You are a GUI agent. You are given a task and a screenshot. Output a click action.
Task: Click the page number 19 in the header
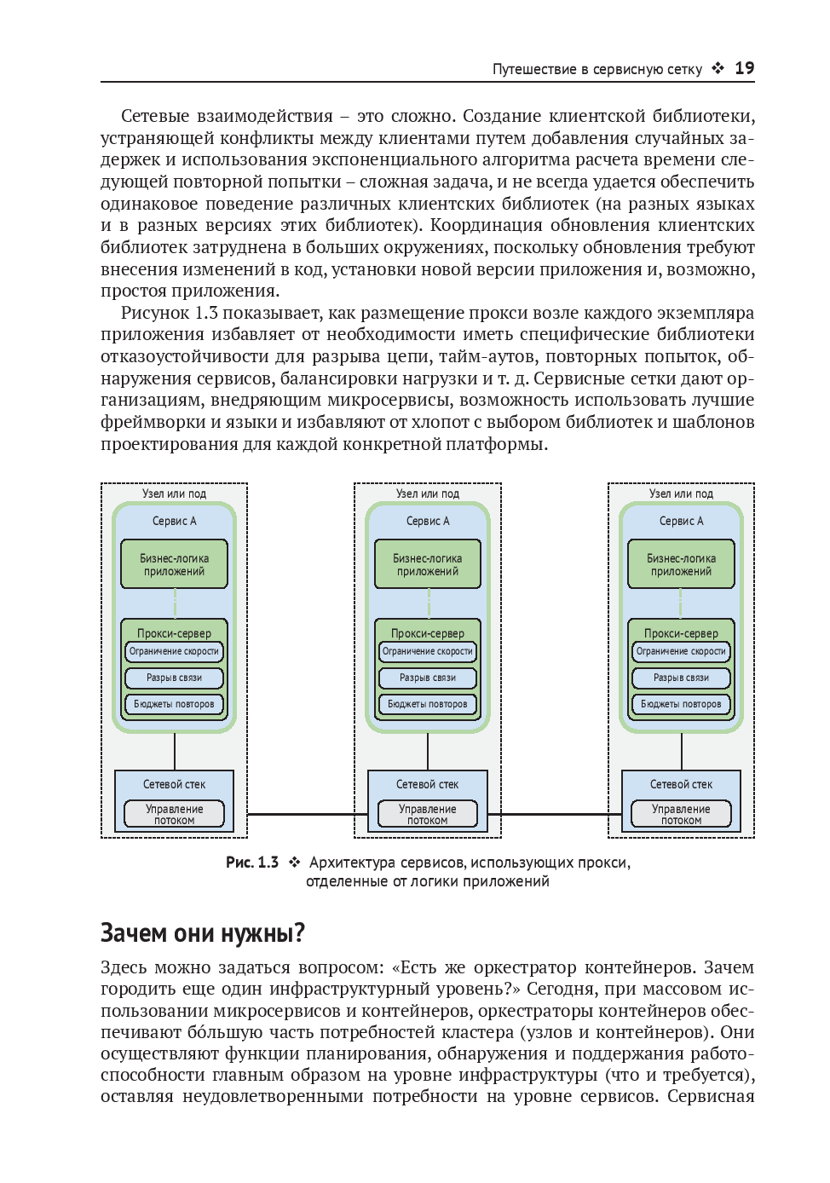(x=744, y=68)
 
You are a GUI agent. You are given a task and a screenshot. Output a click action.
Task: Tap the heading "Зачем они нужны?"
(x=203, y=933)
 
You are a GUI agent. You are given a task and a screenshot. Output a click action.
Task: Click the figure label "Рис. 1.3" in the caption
(x=251, y=863)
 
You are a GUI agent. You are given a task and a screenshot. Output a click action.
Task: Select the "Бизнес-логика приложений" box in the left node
(x=174, y=564)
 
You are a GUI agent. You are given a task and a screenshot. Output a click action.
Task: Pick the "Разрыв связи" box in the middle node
(x=428, y=678)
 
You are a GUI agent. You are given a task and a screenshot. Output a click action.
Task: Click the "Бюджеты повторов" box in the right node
(x=681, y=704)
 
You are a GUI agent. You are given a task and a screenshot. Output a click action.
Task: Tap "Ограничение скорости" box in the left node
(x=174, y=651)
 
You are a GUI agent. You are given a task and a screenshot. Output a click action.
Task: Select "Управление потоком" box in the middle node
(x=428, y=814)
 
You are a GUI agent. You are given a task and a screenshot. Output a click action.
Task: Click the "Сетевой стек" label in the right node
(x=681, y=784)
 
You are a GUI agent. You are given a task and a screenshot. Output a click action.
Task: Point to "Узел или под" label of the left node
(x=174, y=493)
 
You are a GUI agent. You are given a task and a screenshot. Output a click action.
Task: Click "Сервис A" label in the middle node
(x=428, y=521)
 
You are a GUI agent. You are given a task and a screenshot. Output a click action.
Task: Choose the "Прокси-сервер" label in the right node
(x=681, y=633)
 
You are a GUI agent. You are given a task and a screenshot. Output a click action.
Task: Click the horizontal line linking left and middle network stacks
(x=300, y=814)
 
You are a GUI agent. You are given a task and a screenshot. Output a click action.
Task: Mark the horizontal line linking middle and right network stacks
(x=554, y=814)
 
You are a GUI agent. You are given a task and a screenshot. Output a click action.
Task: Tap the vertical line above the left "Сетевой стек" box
(x=175, y=752)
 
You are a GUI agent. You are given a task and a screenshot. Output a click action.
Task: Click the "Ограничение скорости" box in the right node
(x=681, y=651)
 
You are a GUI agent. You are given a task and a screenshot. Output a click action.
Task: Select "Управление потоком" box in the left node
(x=174, y=814)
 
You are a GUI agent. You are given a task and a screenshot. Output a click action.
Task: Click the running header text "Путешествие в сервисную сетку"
(x=597, y=69)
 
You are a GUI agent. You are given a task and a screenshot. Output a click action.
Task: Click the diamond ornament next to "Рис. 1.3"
(x=294, y=863)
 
